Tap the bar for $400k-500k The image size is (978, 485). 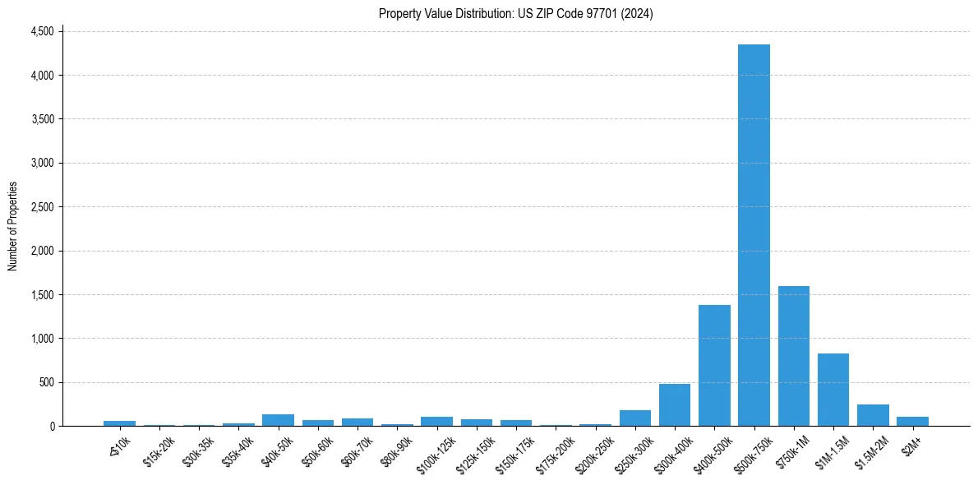[x=714, y=366]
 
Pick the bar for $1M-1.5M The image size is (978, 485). [x=833, y=390]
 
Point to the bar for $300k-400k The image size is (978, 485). [x=675, y=405]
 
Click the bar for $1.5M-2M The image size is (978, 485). [x=873, y=415]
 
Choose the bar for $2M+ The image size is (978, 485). [x=912, y=421]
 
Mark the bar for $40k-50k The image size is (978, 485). [x=279, y=420]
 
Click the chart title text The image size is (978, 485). [x=516, y=14]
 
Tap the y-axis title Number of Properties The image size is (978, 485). [x=13, y=225]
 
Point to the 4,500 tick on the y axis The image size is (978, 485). [x=42, y=31]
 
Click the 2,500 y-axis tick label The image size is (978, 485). [x=42, y=207]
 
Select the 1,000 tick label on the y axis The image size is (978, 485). [x=42, y=339]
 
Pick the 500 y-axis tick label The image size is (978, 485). [x=46, y=382]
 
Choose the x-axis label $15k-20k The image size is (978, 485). [x=158, y=449]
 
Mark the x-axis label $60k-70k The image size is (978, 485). [x=356, y=449]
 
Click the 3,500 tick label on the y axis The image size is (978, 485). [x=42, y=119]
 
